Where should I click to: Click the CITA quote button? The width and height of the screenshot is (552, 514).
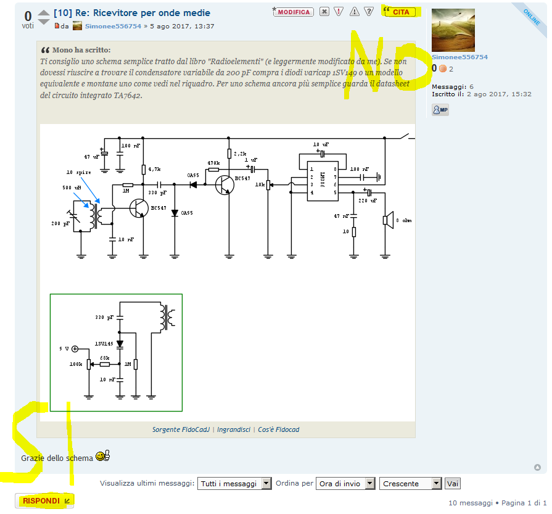click(x=400, y=12)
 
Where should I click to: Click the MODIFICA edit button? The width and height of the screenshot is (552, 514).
click(x=293, y=12)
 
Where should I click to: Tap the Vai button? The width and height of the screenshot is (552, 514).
click(x=452, y=483)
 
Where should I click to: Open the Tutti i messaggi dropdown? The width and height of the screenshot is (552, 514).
click(x=234, y=483)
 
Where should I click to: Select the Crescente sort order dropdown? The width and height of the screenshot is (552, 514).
click(x=410, y=483)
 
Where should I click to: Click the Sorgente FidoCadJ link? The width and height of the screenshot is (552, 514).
click(x=181, y=429)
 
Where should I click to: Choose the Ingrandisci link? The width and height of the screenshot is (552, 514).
click(x=234, y=429)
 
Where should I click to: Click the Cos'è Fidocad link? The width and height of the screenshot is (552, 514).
click(x=278, y=429)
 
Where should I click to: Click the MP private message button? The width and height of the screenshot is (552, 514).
click(x=440, y=110)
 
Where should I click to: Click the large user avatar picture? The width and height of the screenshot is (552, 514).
click(x=453, y=30)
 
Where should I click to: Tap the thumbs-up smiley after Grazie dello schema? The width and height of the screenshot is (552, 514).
click(x=103, y=456)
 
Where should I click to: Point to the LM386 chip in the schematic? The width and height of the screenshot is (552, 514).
click(x=323, y=181)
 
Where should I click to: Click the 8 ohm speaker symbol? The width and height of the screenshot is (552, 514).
click(x=388, y=220)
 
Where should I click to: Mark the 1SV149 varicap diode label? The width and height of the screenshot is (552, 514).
click(x=104, y=344)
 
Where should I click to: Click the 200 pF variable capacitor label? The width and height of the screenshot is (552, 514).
click(x=60, y=223)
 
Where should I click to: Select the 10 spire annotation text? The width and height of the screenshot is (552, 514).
click(x=78, y=172)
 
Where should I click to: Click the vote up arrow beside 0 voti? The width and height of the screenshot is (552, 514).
click(x=44, y=13)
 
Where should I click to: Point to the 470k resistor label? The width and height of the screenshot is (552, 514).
click(x=213, y=163)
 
